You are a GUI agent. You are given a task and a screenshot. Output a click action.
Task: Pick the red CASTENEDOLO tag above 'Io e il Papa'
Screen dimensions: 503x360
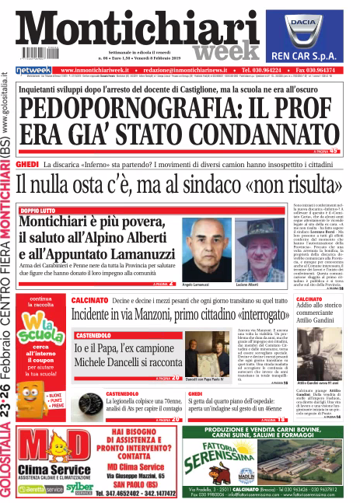96,334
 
